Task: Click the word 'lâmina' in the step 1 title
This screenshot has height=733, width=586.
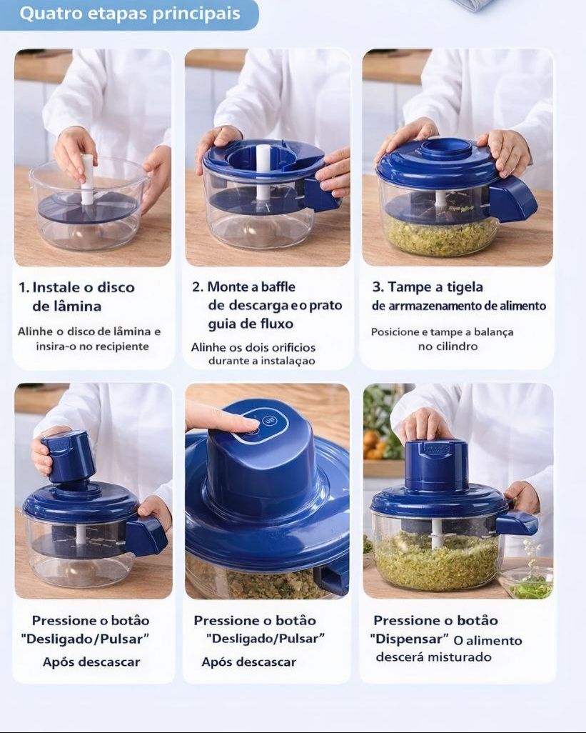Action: (x=67, y=306)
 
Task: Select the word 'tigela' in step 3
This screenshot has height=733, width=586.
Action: (x=465, y=287)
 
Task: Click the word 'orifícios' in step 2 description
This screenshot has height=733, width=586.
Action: (x=293, y=347)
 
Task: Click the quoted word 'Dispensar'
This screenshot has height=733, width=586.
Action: (x=410, y=639)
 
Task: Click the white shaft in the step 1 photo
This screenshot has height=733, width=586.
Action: (x=87, y=179)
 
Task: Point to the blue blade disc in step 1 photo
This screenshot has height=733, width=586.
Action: (x=88, y=208)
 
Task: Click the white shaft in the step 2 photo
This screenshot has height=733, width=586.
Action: (x=263, y=172)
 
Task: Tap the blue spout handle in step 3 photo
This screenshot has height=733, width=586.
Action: (x=511, y=199)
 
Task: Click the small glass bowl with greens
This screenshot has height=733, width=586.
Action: (x=526, y=582)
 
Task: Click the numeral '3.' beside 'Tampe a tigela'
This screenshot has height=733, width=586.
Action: (x=378, y=286)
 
